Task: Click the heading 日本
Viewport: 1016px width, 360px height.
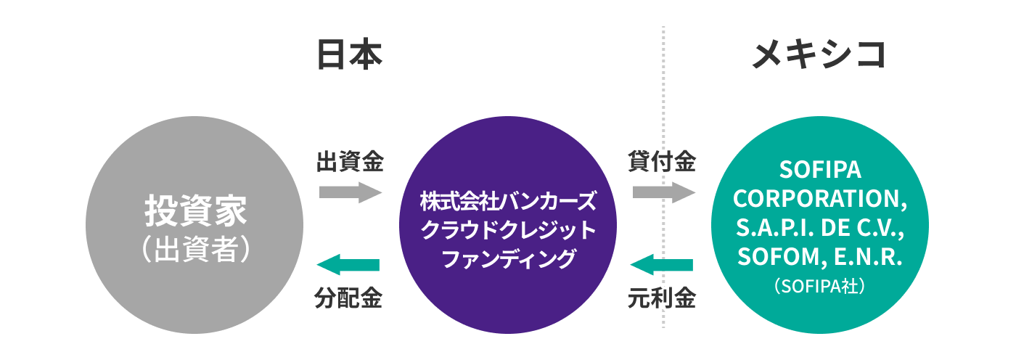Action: coord(350,55)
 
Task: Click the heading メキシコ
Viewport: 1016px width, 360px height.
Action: coord(819,55)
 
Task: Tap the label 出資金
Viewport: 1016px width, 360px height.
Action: coord(350,161)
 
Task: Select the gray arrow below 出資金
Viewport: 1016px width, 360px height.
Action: coord(350,192)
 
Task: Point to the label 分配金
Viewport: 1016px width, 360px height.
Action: coord(350,298)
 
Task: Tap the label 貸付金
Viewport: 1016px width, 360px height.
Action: coord(662,161)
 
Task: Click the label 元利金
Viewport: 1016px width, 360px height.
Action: coord(662,298)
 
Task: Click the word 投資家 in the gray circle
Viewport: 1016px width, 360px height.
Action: coord(195,211)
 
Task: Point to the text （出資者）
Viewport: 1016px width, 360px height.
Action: coord(195,248)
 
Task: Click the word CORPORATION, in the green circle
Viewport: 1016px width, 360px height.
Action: coord(820,199)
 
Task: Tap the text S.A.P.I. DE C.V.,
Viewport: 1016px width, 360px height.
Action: coord(820,228)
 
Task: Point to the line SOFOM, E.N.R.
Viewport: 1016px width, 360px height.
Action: coord(820,257)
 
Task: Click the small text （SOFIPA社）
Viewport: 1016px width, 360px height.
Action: coord(820,286)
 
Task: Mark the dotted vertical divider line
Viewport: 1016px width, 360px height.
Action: coord(663,109)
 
